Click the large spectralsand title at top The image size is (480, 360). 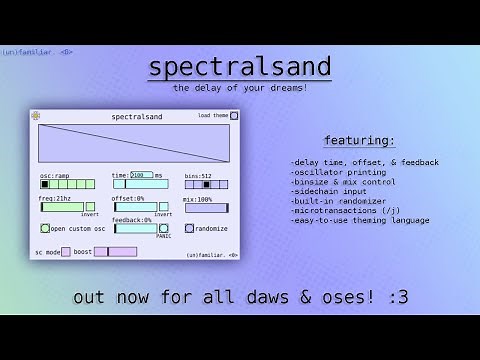pos(239,67)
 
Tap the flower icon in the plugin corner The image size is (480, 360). pos(37,116)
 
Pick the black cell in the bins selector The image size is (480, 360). pos(207,184)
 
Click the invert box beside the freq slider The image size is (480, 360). pos(90,207)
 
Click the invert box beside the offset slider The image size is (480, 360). pos(162,207)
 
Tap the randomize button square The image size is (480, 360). pos(189,228)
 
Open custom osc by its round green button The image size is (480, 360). pos(45,228)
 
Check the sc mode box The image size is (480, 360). pos(66,252)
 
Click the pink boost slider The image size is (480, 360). pos(115,252)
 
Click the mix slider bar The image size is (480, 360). pos(205,208)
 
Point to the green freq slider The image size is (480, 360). pos(61,207)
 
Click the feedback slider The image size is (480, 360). pos(135,228)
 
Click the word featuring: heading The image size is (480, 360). pos(359,139)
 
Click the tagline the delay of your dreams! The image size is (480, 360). pos(239,89)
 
